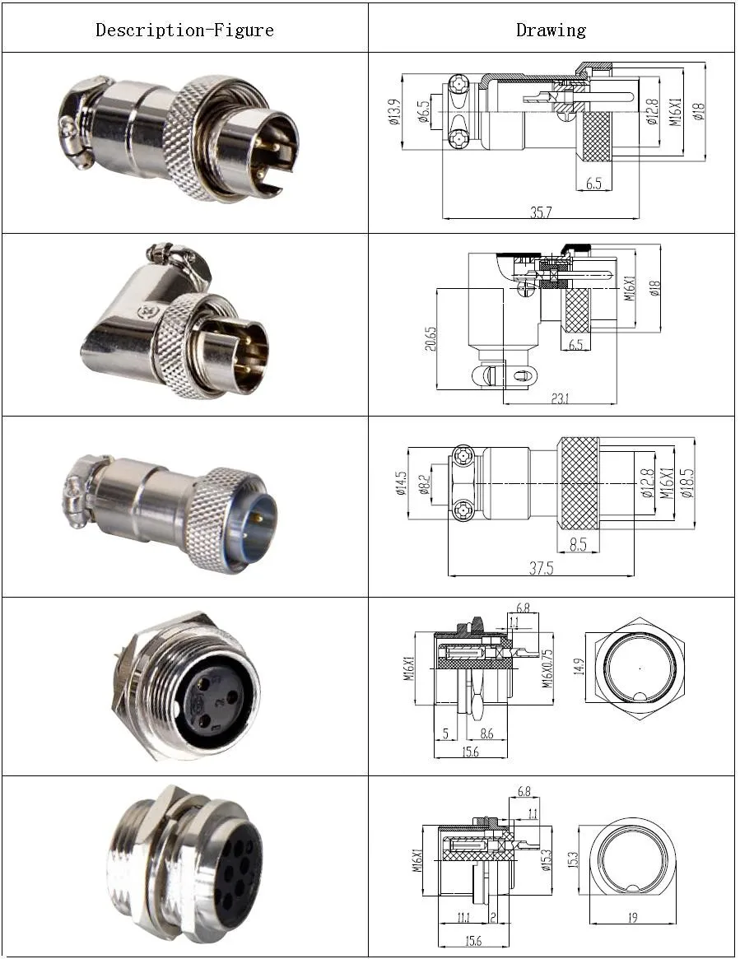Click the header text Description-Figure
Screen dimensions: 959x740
(x=184, y=30)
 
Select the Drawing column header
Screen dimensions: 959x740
(x=551, y=30)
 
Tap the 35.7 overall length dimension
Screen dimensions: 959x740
(x=541, y=212)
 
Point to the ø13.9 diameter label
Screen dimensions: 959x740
(x=394, y=112)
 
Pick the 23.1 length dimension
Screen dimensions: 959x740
(x=560, y=398)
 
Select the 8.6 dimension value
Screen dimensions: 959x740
(x=486, y=733)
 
